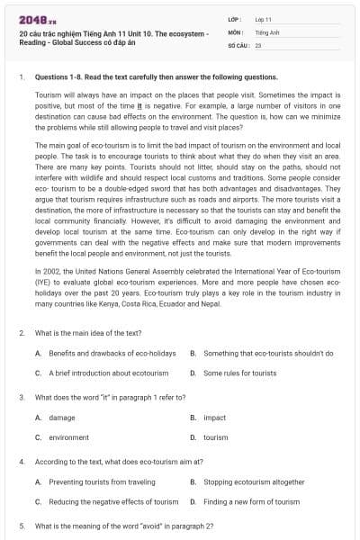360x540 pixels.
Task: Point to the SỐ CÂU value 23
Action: coord(258,43)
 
